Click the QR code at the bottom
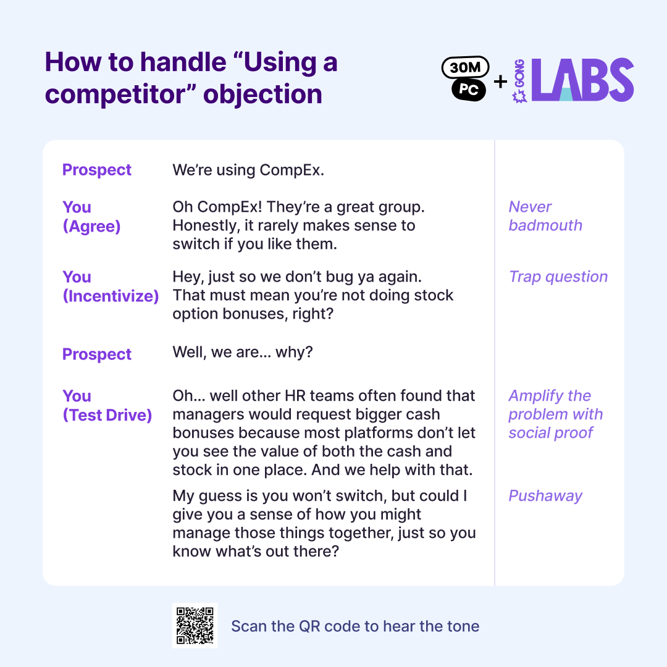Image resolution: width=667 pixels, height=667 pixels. pos(195,626)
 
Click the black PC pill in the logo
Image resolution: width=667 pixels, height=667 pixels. pos(469,90)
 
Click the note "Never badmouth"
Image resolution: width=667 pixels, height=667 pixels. pos(545,216)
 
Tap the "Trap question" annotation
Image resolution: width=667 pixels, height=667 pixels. pos(558,277)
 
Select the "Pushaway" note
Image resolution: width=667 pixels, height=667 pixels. pos(545,496)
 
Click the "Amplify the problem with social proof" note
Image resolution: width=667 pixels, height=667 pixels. pos(555,414)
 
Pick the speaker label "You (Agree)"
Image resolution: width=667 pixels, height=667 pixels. pos(91,217)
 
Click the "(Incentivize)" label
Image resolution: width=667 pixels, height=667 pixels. pos(111,296)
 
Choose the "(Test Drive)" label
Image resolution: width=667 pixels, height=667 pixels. pos(107,415)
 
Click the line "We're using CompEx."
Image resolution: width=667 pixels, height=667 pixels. pos(248,170)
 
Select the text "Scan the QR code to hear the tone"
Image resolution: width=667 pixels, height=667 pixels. pos(355,626)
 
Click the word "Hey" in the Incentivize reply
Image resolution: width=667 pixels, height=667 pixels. pos(187,277)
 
